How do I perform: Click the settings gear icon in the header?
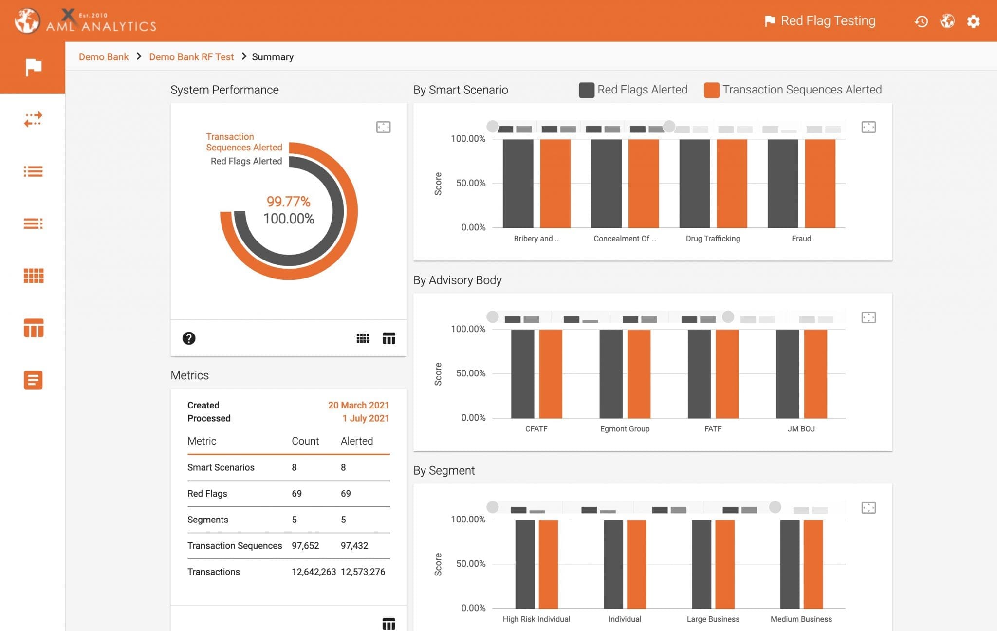[x=973, y=21]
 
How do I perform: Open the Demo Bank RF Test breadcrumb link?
[x=191, y=57]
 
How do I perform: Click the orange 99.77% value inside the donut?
[x=288, y=201]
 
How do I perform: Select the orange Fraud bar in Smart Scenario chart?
[x=820, y=183]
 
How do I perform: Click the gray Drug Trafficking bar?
[x=694, y=183]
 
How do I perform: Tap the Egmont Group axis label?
[x=625, y=429]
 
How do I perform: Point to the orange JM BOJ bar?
[x=815, y=373]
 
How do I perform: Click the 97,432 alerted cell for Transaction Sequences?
[x=354, y=546]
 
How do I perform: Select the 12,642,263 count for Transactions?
[x=314, y=572]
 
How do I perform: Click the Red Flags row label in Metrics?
[x=207, y=494]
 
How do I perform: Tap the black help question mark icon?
[x=189, y=338]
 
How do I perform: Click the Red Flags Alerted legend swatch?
[x=586, y=90]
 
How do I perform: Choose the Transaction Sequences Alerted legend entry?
[x=801, y=90]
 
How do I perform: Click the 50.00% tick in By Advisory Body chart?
[x=470, y=373]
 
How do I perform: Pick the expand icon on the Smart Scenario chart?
[x=868, y=127]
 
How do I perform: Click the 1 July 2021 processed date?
[x=365, y=418]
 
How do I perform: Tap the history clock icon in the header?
[x=921, y=21]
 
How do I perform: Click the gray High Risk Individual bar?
[x=525, y=564]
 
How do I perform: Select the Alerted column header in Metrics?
[x=356, y=441]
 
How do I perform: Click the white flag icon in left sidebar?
[x=33, y=67]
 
